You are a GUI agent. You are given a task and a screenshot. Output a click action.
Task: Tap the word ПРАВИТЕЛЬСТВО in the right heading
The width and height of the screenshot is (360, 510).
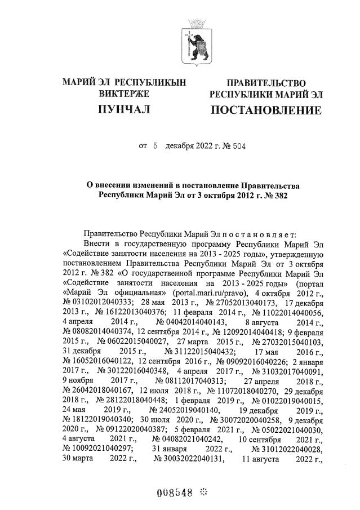[x=265, y=83]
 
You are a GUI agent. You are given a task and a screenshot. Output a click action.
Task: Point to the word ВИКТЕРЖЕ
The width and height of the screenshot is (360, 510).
[x=124, y=94]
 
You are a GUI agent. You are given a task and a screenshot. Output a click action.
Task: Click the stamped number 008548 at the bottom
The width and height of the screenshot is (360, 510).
[x=175, y=491]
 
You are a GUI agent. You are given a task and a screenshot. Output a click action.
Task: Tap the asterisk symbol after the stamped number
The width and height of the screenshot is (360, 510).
[x=203, y=491]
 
